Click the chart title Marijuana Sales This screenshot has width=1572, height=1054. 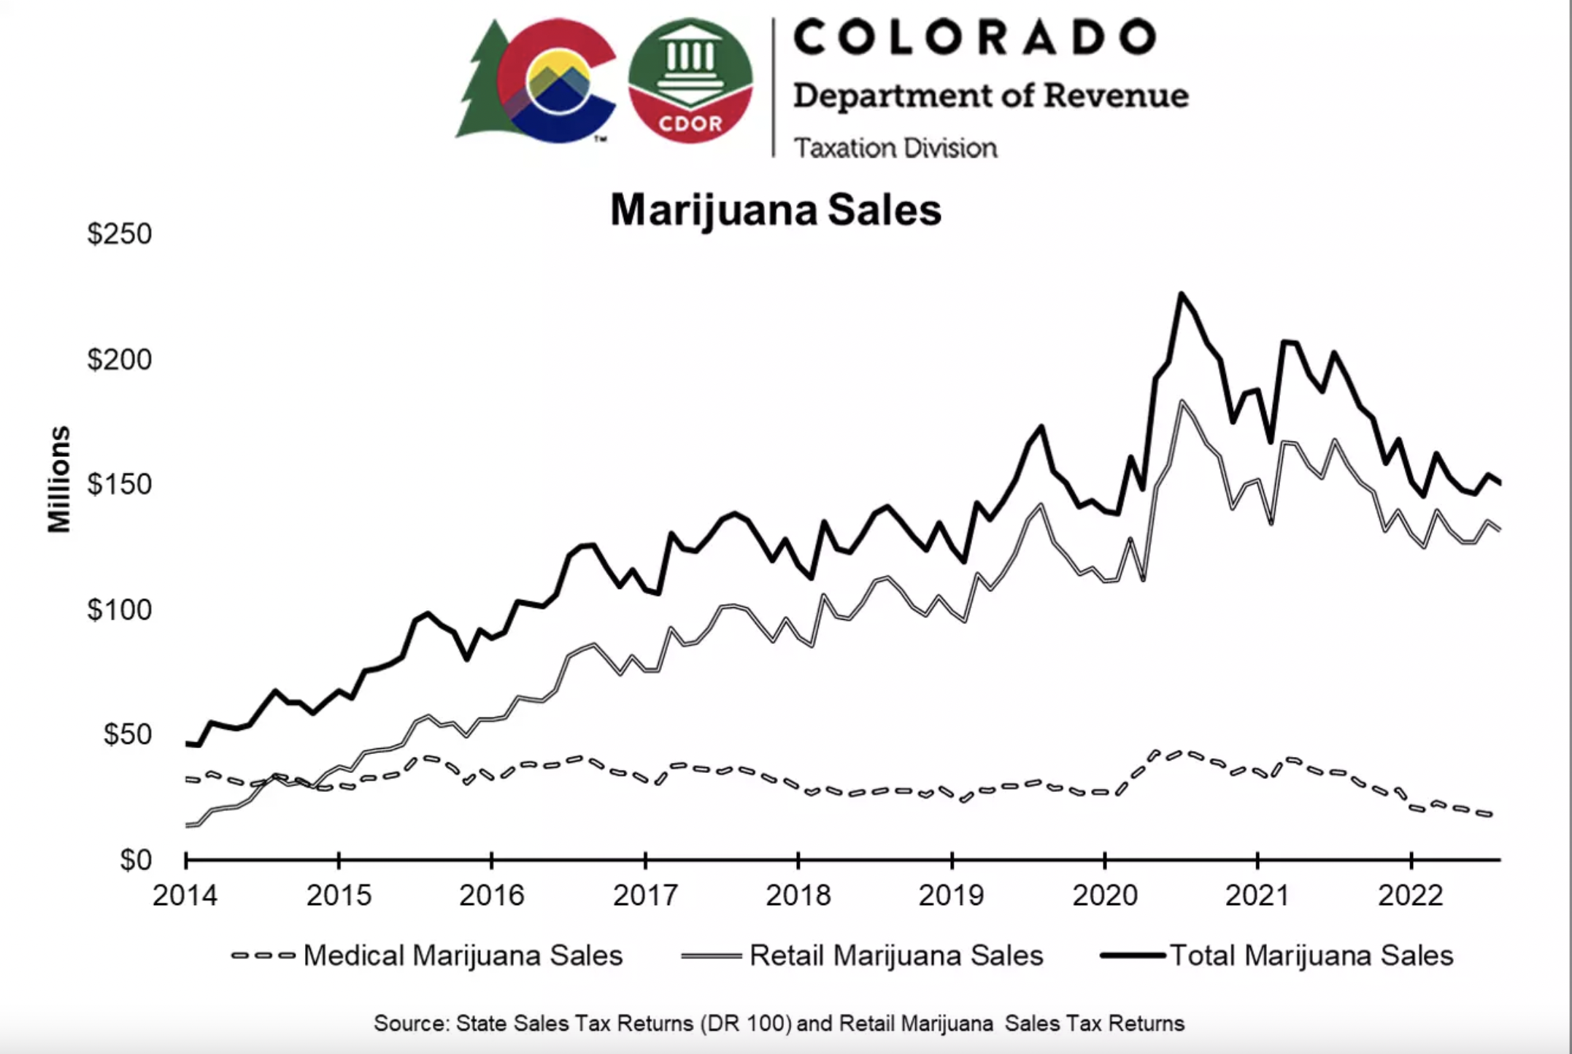(x=775, y=210)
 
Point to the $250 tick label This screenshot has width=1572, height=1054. (x=119, y=234)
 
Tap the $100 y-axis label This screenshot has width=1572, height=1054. (x=119, y=609)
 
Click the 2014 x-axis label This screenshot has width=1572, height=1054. (x=185, y=895)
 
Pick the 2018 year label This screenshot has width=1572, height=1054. (x=798, y=895)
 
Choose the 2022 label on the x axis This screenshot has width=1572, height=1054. (x=1410, y=895)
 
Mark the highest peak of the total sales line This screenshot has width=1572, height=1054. (x=1181, y=294)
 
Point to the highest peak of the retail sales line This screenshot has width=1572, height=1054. (x=1181, y=401)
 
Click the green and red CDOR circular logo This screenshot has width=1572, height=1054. (x=690, y=80)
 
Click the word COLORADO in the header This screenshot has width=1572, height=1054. (x=975, y=37)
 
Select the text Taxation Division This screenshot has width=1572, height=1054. (x=895, y=148)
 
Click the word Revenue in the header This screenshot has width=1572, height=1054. (x=1115, y=96)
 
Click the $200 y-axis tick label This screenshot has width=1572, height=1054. (x=119, y=359)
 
